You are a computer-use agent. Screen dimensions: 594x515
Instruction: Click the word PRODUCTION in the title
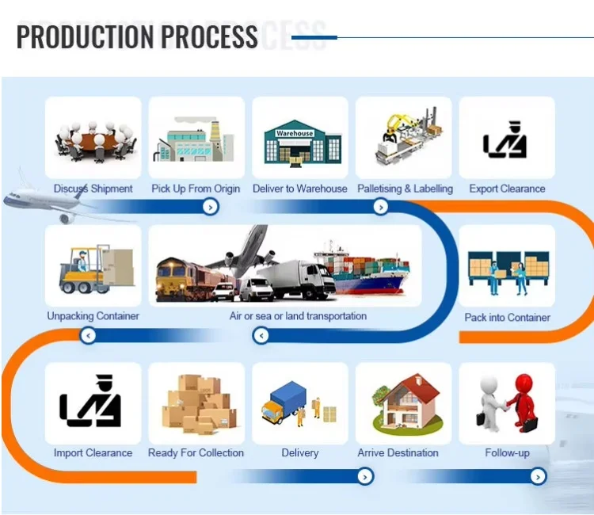[x=86, y=36]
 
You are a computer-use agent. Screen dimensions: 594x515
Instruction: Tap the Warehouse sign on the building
[x=295, y=133]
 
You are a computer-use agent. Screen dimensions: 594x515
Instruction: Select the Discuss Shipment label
[x=93, y=189]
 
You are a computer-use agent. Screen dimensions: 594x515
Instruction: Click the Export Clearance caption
[x=507, y=189]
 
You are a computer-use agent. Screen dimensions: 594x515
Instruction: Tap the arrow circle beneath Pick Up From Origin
[x=211, y=207]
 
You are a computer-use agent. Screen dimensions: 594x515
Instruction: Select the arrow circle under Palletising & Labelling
[x=381, y=207]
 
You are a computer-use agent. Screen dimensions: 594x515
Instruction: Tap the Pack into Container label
[x=507, y=317]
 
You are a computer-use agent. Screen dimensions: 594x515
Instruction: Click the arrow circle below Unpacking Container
[x=88, y=336]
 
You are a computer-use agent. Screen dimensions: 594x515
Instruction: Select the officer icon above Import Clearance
[x=90, y=401]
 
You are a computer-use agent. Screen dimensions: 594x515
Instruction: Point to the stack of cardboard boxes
[x=199, y=404]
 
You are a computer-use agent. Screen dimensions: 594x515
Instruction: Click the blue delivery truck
[x=284, y=402]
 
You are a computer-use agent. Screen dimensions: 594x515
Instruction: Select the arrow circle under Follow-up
[x=538, y=476]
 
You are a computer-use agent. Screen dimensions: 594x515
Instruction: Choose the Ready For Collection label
[x=196, y=452]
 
